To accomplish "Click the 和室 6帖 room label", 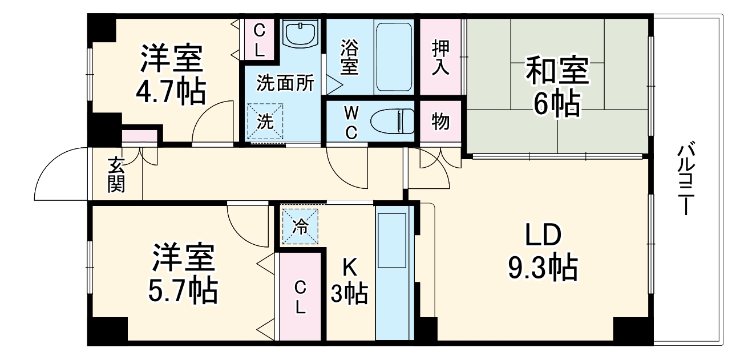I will [x=556, y=86].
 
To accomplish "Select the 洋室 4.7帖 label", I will [x=171, y=74].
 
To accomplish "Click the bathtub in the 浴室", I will [x=394, y=57].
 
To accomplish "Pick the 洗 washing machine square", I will [x=265, y=121].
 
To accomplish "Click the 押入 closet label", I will [x=440, y=57].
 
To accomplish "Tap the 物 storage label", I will [x=440, y=122].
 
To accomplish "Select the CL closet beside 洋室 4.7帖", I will [x=259, y=39].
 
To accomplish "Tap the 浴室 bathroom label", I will [x=349, y=57].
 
